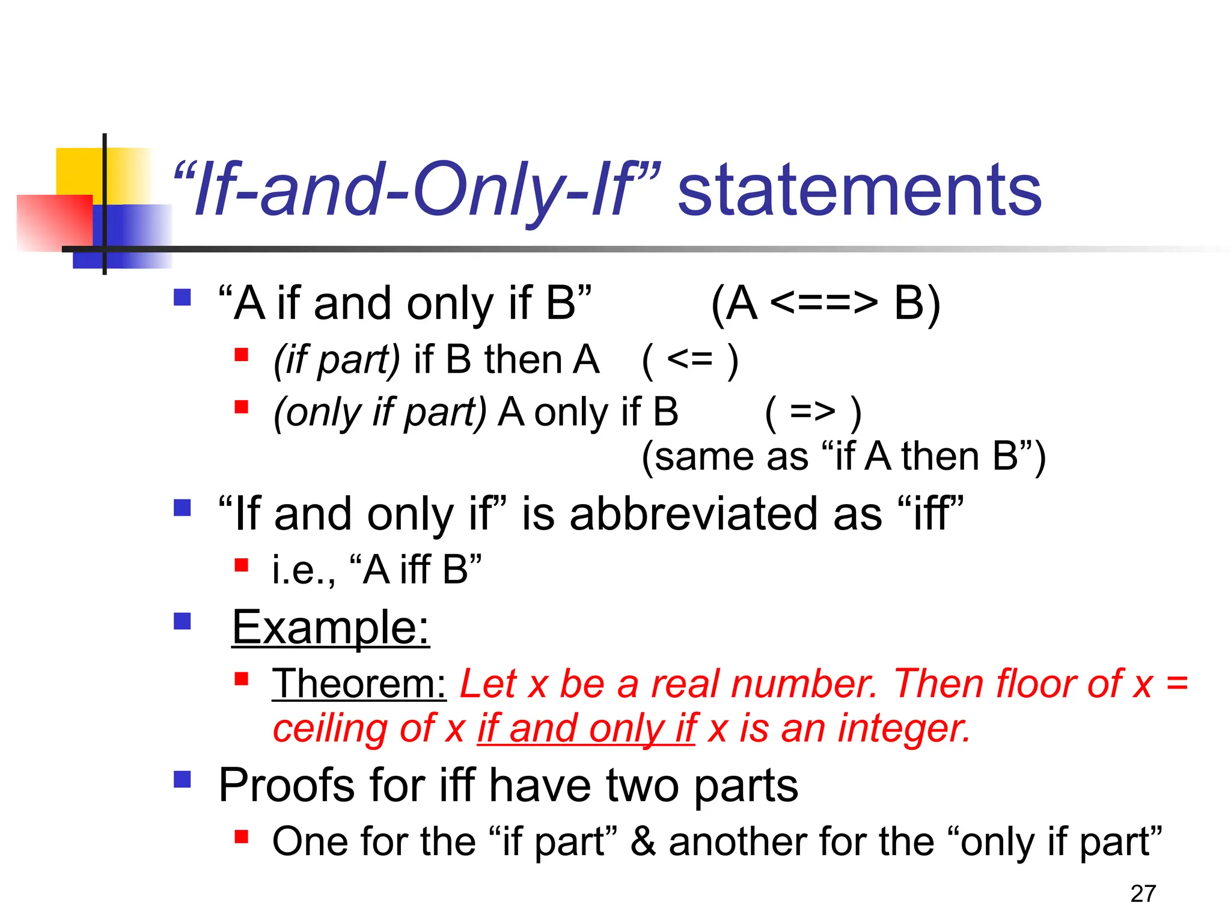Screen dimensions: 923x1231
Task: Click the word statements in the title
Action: coord(860,191)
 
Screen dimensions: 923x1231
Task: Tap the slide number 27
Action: coord(1143,894)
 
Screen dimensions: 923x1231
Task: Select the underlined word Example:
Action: coord(331,627)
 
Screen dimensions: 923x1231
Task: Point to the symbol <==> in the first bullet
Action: coord(823,303)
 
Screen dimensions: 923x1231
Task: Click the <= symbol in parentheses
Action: coord(689,360)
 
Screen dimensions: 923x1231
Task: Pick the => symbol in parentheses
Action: coord(813,412)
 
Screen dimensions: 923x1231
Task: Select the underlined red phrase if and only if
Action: coord(586,728)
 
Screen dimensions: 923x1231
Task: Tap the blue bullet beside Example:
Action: coord(182,621)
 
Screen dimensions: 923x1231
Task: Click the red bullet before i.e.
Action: coord(242,565)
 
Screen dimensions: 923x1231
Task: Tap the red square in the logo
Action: coord(54,222)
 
